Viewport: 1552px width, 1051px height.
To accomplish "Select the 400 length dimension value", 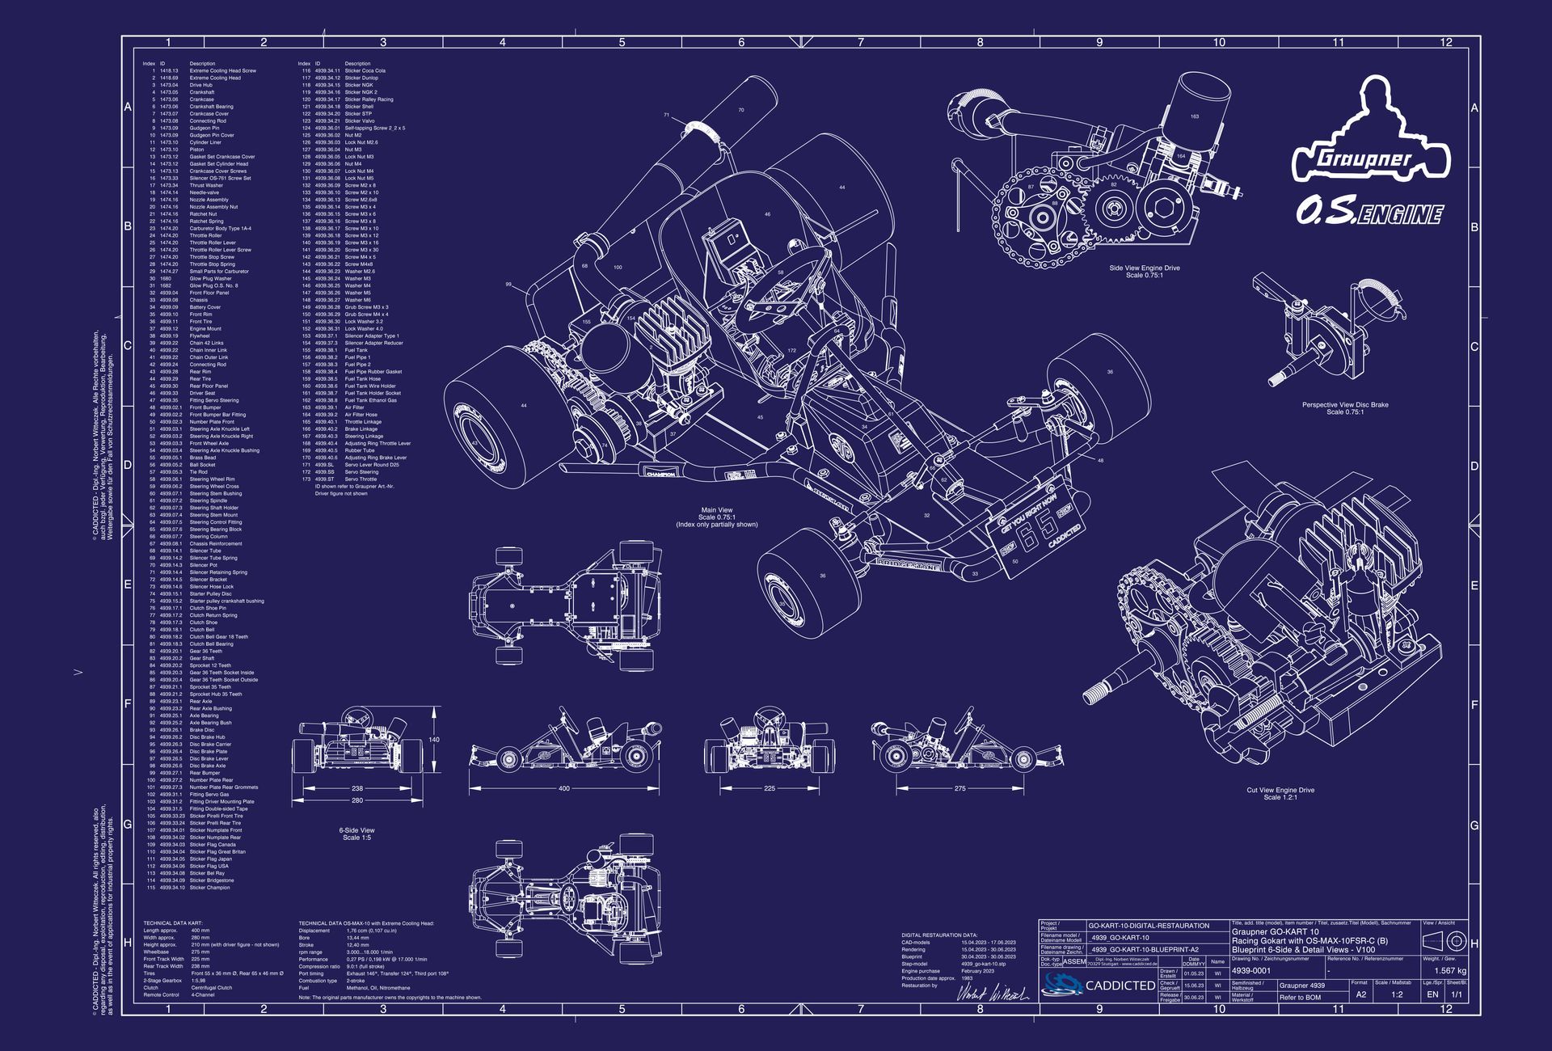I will pos(564,788).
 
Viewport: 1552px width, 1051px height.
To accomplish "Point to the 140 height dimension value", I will pos(434,740).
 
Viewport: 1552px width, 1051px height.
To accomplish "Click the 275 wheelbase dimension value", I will pos(959,788).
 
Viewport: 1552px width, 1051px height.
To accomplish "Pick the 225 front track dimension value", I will pos(769,788).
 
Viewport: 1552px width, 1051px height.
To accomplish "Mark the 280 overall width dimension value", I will pos(357,800).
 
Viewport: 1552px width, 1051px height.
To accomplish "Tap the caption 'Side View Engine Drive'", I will pos(1144,268).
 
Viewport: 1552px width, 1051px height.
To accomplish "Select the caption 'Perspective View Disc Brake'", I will pos(1344,404).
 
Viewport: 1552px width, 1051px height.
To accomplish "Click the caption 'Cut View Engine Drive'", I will pos(1280,790).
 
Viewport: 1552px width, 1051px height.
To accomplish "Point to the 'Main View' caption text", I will pos(716,510).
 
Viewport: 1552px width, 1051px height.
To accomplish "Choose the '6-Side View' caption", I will pos(356,830).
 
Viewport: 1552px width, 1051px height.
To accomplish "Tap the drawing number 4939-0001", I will pos(1251,970).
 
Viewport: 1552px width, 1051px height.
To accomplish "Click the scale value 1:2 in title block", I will pos(1396,994).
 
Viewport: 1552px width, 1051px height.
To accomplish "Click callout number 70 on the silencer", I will pos(740,110).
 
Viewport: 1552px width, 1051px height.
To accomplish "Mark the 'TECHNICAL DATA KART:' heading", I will pos(173,922).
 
